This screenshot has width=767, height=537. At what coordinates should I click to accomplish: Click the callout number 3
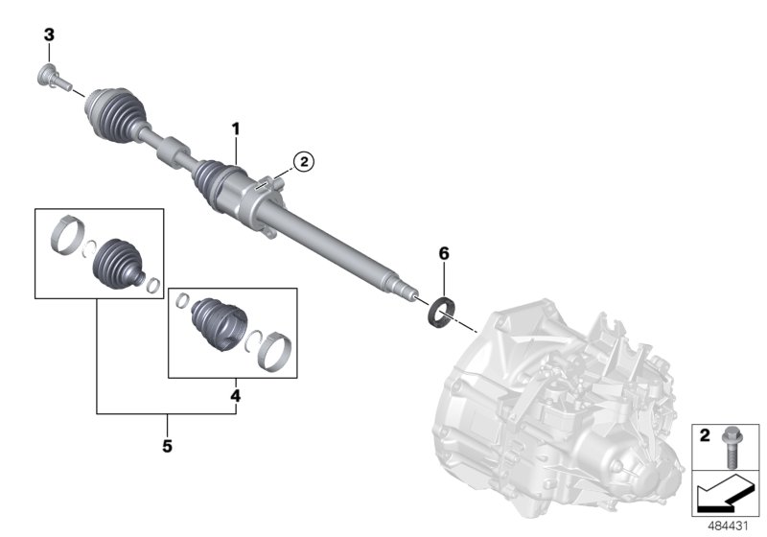click(50, 35)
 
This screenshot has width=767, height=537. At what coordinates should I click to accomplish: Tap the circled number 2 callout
click(302, 162)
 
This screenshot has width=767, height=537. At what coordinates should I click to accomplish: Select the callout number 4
click(236, 393)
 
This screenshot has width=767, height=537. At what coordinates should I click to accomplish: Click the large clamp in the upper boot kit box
click(60, 233)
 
